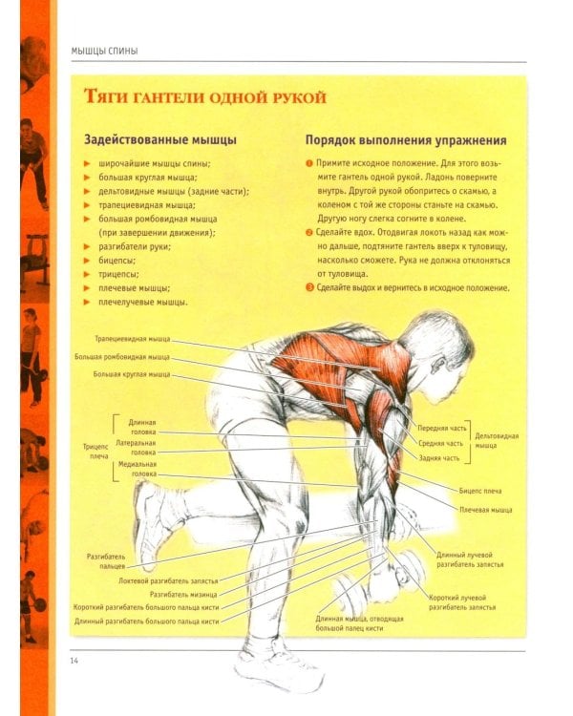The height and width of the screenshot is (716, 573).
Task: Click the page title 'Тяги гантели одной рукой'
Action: pos(205,97)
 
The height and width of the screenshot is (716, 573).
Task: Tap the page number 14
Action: pos(74,661)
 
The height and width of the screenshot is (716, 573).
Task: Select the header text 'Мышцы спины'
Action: pos(105,52)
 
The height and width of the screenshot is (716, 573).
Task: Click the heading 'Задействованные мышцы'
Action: pos(160,139)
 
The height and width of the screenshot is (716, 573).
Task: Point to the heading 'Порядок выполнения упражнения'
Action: pos(406,140)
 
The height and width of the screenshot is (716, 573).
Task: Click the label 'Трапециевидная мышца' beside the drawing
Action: pos(133,339)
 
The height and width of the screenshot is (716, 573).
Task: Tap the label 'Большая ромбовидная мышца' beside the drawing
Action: pos(122,357)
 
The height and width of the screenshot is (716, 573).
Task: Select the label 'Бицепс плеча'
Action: pos(480,491)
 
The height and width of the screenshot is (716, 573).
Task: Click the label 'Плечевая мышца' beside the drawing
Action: pos(486,510)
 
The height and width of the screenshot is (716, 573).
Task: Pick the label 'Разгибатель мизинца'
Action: pos(183,595)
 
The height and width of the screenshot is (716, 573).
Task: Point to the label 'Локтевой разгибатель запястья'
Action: pos(168,581)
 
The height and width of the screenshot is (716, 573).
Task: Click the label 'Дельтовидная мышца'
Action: pos(497,441)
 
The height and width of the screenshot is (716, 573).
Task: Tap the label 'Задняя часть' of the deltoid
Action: pos(439,458)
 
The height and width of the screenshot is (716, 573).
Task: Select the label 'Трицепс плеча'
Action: pos(95,452)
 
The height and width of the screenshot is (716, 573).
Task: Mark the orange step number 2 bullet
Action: pos(309,233)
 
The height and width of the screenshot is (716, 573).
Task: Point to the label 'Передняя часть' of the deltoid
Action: pos(442,429)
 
